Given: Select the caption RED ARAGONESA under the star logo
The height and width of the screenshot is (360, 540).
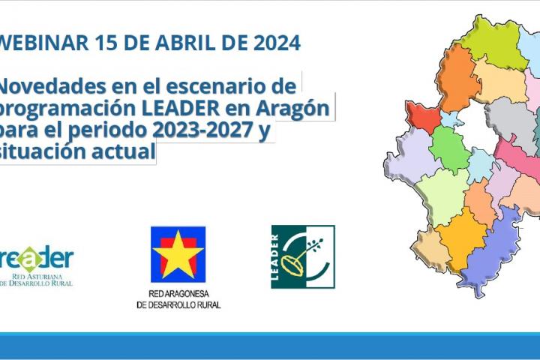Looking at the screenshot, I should [x=178, y=295].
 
